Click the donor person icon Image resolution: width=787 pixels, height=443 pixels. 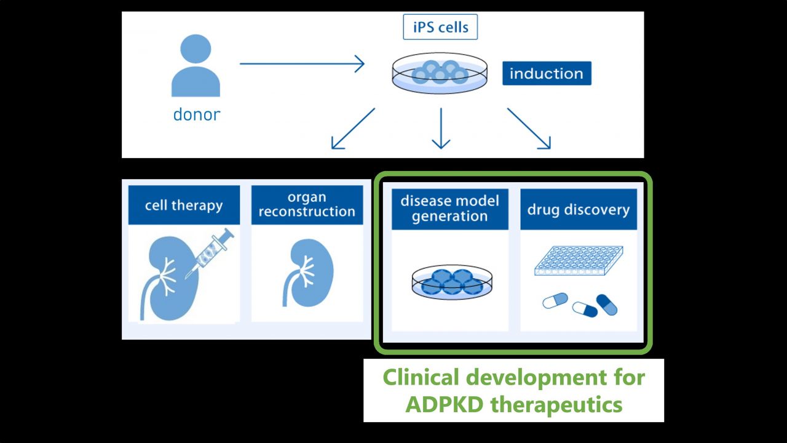196,66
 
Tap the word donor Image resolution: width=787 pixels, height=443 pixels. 197,114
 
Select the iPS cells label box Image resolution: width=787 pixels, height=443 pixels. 440,27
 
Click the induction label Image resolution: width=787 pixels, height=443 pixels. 547,73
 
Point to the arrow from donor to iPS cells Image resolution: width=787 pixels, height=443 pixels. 301,63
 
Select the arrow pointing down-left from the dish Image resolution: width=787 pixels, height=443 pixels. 353,129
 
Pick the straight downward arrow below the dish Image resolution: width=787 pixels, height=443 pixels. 441,129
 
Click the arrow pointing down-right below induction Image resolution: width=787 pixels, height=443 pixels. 529,129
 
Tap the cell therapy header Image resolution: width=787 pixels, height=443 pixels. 184,205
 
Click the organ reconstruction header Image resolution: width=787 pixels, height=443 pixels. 307,205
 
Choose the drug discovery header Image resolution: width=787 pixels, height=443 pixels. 579,210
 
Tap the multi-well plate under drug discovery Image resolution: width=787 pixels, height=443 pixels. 578,261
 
